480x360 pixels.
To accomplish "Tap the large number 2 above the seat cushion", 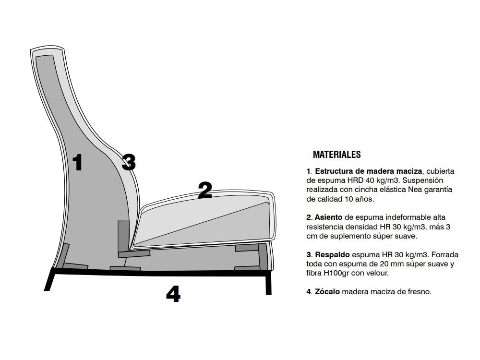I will point(205,191).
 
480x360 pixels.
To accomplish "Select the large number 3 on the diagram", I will point(128,162).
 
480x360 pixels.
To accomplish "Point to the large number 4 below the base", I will point(173,294).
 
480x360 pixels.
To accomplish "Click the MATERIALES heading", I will point(336,155).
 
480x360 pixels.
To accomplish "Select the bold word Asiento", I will point(328,217).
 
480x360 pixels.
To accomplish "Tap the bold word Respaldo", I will point(332,254).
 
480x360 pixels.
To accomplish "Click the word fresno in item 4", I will point(420,291).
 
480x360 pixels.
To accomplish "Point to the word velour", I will point(377,273).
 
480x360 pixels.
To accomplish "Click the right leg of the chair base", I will point(268,285).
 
